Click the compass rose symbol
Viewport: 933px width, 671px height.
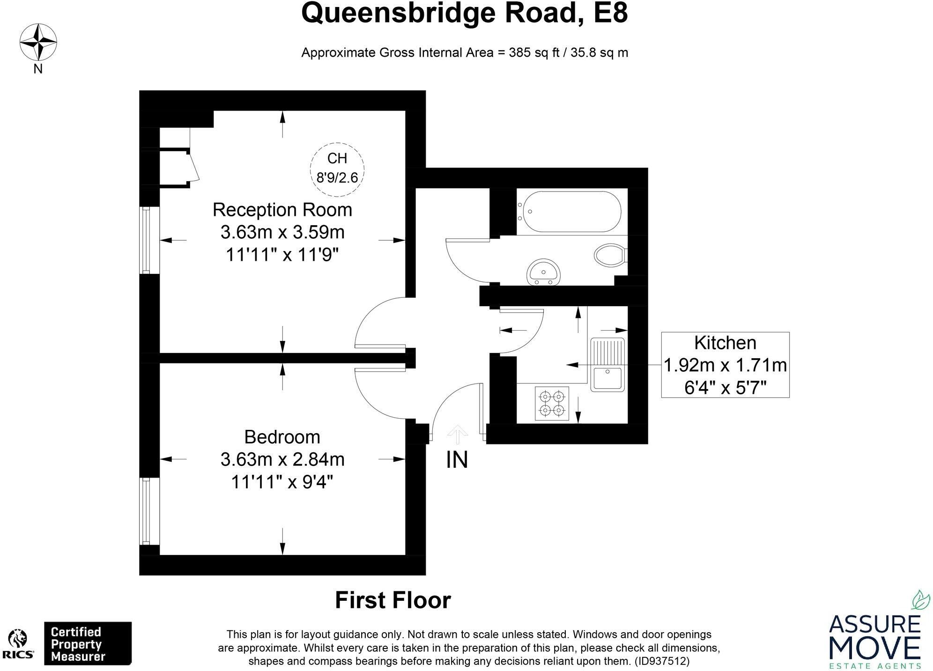[38, 43]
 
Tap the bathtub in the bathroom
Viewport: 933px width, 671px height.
[571, 212]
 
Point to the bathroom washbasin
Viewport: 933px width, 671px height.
[543, 272]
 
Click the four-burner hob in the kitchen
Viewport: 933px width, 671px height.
[552, 403]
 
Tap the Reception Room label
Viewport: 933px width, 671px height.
[282, 210]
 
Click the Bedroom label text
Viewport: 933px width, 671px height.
[282, 437]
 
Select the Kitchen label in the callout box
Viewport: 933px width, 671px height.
[725, 343]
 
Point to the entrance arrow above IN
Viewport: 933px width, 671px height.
[458, 435]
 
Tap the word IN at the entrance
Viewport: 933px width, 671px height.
[457, 460]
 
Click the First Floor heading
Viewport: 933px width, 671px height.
[393, 600]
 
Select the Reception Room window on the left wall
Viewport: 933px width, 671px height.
[145, 240]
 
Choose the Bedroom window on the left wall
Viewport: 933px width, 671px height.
[145, 511]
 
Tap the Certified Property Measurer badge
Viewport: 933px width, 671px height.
[88, 644]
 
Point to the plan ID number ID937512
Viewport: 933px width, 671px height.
[662, 661]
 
